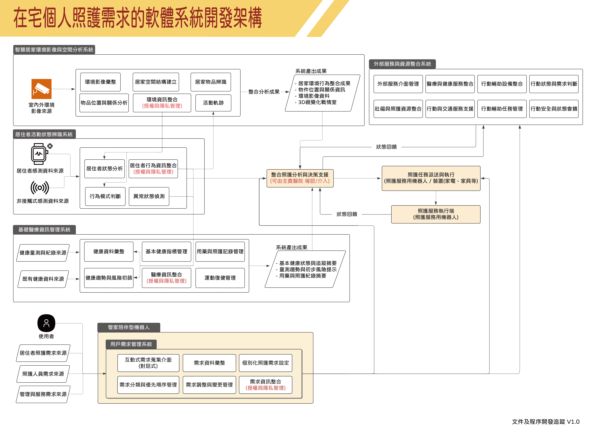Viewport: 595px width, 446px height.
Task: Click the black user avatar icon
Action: [46, 323]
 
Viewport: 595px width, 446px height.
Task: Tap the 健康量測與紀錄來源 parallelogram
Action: [43, 253]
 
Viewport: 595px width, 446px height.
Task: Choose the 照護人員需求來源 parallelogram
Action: [43, 374]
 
